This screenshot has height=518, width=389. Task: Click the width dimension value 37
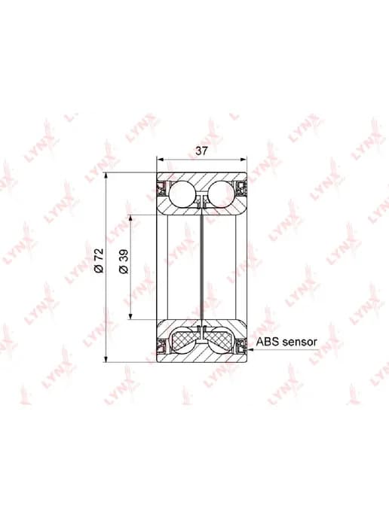pyautogui.click(x=201, y=151)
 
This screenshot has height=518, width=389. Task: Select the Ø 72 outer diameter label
pyautogui.click(x=99, y=261)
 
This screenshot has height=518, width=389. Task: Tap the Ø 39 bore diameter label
pyautogui.click(x=124, y=261)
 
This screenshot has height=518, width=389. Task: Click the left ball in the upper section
pyautogui.click(x=182, y=194)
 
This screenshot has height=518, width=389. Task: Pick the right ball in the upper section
pyautogui.click(x=222, y=194)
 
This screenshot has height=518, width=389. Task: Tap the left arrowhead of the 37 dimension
pyautogui.click(x=161, y=160)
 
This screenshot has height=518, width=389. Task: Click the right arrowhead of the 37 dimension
pyautogui.click(x=243, y=160)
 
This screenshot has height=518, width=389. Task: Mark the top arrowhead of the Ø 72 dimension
pyautogui.click(x=106, y=176)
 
